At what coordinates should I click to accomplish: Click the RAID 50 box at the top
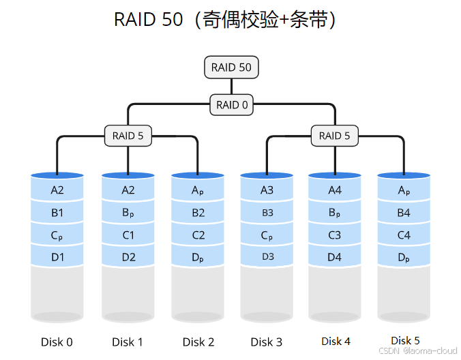(232, 67)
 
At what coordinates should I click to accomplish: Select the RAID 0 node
(232, 105)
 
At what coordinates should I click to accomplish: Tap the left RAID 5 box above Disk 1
(128, 136)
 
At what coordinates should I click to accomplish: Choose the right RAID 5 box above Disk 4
(334, 136)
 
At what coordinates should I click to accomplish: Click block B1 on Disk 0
(57, 213)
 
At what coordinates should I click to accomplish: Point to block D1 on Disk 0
(57, 257)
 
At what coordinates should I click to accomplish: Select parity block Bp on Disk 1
(128, 213)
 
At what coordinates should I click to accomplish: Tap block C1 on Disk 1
(128, 235)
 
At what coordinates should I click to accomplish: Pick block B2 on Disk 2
(198, 213)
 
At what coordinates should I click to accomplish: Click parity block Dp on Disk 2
(198, 258)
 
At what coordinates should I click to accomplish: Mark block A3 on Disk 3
(267, 190)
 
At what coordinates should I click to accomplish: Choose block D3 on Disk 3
(267, 257)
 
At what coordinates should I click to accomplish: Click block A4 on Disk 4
(335, 190)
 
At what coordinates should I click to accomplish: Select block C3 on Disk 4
(335, 235)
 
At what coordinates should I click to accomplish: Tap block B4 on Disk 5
(404, 213)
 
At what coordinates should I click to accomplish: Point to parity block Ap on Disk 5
(404, 191)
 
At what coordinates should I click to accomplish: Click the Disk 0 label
(57, 342)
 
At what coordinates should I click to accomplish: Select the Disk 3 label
(266, 342)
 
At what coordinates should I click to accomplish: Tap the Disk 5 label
(405, 340)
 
